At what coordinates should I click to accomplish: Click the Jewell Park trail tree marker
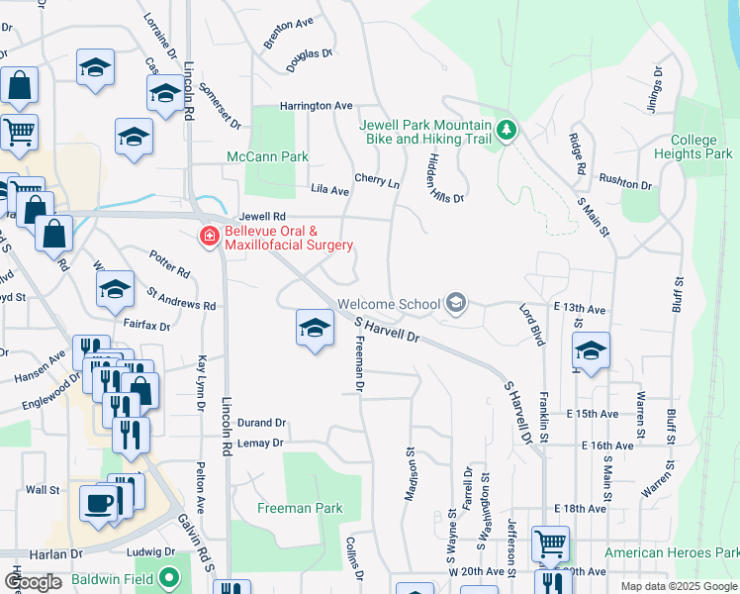506,131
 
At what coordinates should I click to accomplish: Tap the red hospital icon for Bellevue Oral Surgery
209,237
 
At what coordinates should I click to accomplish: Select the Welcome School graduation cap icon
455,303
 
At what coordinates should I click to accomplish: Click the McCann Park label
267,156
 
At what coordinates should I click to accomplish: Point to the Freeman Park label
300,509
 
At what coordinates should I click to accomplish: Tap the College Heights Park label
694,148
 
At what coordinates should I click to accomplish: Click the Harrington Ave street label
316,105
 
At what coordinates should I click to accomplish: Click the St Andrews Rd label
181,299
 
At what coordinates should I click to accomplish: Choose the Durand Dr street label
261,421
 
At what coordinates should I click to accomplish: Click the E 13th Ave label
580,309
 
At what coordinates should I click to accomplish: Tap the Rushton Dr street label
626,181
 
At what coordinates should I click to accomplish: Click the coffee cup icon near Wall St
98,502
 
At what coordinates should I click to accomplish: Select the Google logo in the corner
33,582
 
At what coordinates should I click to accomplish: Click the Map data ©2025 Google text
678,586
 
